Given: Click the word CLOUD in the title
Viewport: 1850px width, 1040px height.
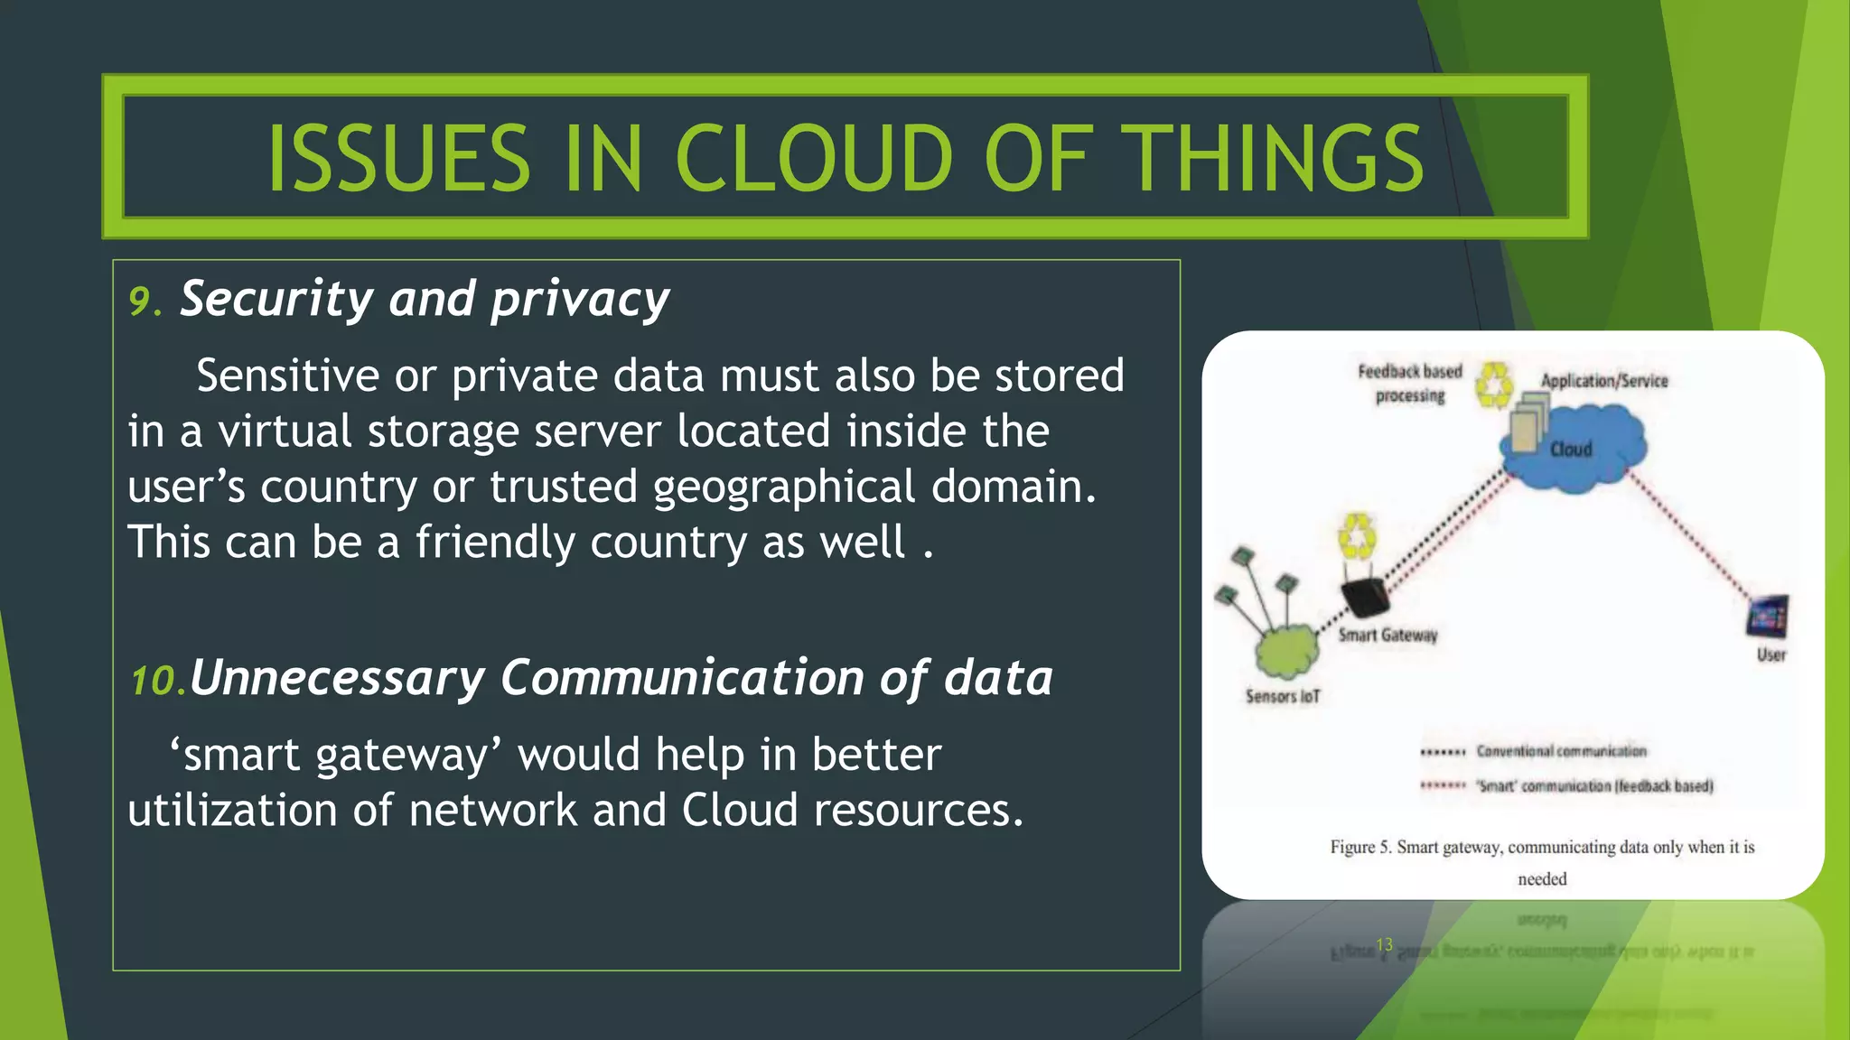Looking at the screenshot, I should [813, 158].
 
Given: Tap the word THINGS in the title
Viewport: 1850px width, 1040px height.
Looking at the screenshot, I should [1277, 158].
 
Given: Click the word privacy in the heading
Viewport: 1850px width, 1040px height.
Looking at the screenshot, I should [580, 300].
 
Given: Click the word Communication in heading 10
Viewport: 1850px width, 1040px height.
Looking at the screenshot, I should [682, 678].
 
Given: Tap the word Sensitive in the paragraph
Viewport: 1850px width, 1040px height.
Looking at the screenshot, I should [287, 376].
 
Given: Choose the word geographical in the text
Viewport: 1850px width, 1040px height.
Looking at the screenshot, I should [784, 487].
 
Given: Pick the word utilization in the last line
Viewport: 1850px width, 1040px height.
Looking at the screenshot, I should [232, 810].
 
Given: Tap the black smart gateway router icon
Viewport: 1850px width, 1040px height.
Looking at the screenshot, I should [1366, 596].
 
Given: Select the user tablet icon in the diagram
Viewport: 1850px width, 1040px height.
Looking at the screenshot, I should [1768, 617].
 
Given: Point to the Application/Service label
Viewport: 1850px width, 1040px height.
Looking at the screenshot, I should [1604, 381].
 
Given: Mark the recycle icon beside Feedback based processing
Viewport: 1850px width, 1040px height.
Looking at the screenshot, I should [1494, 385].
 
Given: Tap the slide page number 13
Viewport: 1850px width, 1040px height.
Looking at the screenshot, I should [1384, 944].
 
